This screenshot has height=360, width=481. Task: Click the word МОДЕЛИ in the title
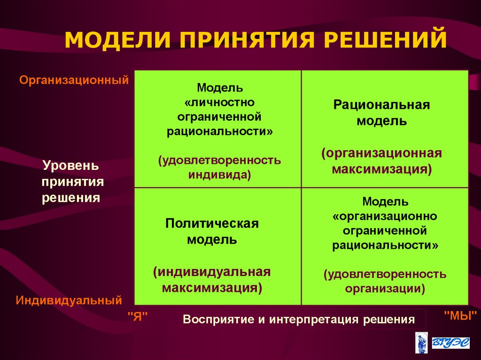pyautogui.click(x=115, y=39)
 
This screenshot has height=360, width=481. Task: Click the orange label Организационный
pyautogui.click(x=74, y=80)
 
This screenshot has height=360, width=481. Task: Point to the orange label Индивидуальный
pyautogui.click(x=69, y=300)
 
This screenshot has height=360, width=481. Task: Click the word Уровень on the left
pyautogui.click(x=71, y=166)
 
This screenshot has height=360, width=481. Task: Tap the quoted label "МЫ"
pyautogui.click(x=460, y=314)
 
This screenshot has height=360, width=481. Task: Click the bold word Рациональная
pyautogui.click(x=381, y=104)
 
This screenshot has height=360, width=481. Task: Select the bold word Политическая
pyautogui.click(x=212, y=223)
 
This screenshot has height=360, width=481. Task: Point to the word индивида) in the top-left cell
pyautogui.click(x=220, y=175)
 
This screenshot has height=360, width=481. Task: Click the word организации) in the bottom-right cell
pyautogui.click(x=385, y=288)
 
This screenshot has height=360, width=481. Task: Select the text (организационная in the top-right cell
pyautogui.click(x=381, y=153)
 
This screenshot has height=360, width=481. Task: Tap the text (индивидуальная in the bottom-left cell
pyautogui.click(x=212, y=272)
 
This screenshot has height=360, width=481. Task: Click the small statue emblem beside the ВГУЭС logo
pyautogui.click(x=421, y=342)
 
